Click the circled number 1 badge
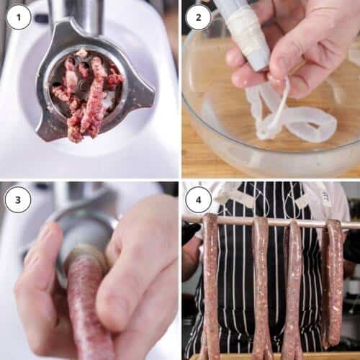[19, 17]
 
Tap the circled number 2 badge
[199, 17]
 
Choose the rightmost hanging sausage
[334, 281]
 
